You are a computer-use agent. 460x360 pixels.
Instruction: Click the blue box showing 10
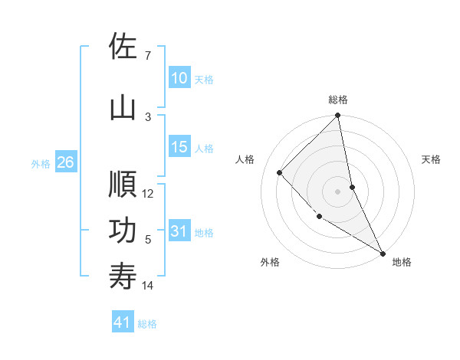click(x=179, y=78)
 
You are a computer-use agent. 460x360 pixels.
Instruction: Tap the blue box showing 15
click(x=179, y=147)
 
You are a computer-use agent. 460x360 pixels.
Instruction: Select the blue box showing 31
click(x=179, y=231)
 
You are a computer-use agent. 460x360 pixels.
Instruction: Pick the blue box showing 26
click(x=66, y=162)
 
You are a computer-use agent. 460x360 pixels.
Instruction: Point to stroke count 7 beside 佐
click(x=147, y=56)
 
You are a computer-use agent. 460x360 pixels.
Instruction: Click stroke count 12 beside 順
click(x=148, y=194)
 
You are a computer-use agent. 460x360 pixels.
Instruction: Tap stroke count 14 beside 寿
click(x=148, y=286)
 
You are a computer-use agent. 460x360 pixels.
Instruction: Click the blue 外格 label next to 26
click(x=41, y=163)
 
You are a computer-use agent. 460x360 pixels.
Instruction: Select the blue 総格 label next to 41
click(x=147, y=324)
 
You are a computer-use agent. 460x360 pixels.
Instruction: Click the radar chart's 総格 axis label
click(x=338, y=100)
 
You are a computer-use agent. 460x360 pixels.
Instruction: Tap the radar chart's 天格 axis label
click(x=432, y=159)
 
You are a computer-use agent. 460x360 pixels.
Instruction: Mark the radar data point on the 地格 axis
click(x=383, y=253)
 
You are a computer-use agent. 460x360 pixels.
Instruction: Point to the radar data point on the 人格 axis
click(x=280, y=172)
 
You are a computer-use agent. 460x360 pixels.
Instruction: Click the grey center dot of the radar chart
click(x=338, y=191)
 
